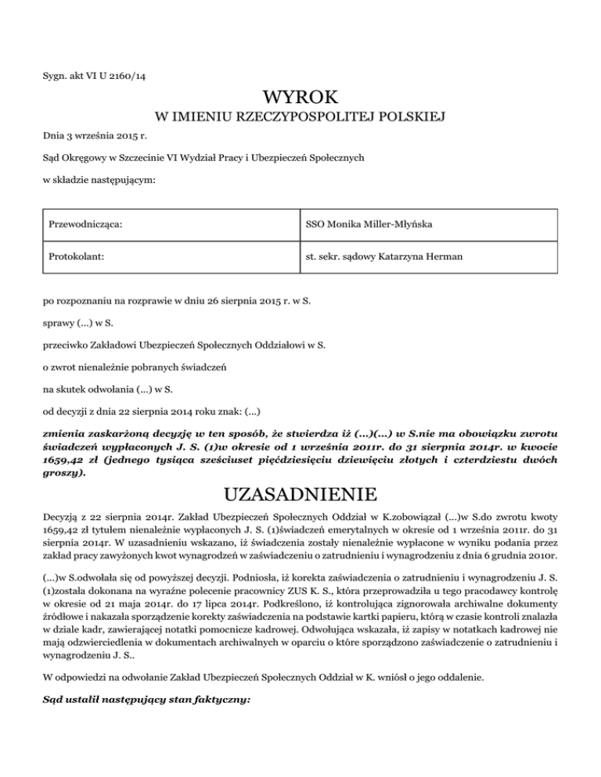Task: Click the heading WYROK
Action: [300, 98]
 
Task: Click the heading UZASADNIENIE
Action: [300, 496]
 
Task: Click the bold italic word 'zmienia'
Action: [67, 431]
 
